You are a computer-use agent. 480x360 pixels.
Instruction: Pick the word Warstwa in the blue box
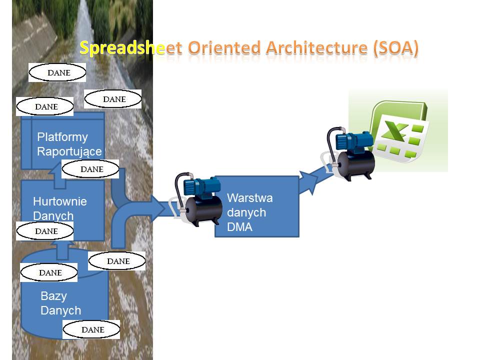coord(249,198)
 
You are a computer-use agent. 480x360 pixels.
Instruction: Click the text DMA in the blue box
coord(239,227)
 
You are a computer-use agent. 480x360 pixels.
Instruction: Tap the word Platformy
coord(62,137)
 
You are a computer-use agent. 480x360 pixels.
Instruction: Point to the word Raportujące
coord(69,151)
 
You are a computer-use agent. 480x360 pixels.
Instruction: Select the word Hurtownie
coord(59,201)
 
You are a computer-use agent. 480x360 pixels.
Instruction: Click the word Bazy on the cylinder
coord(53,295)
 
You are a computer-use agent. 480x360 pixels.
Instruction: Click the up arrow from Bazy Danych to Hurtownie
coord(62,250)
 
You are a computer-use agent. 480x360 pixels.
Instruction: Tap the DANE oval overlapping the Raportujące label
coord(90,169)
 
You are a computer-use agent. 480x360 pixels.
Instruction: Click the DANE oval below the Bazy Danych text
coord(91,329)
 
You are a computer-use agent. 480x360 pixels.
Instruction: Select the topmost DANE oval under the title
coord(57,72)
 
